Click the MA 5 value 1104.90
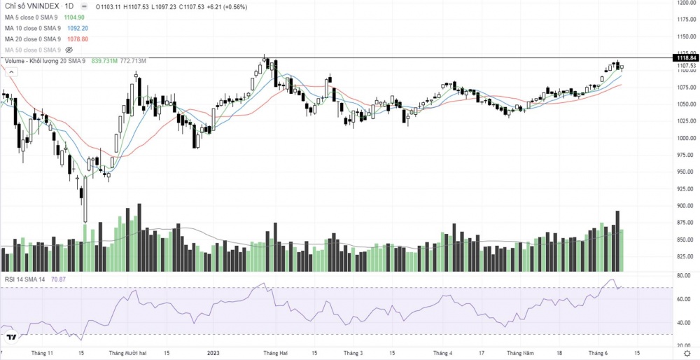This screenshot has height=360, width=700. click(x=74, y=16)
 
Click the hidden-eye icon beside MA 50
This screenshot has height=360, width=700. click(x=69, y=50)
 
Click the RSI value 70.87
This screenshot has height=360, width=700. click(x=59, y=279)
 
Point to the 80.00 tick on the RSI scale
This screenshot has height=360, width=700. click(x=680, y=276)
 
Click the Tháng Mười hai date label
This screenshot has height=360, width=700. click(x=128, y=354)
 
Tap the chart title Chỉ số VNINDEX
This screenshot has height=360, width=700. click(x=31, y=6)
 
